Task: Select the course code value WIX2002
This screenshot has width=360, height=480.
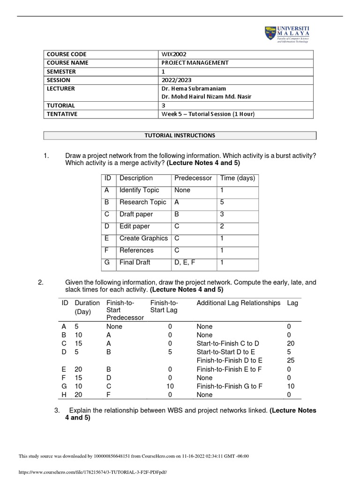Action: (x=174, y=54)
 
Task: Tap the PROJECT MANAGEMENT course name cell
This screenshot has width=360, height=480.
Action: (x=195, y=63)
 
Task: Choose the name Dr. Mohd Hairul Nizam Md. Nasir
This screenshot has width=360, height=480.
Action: (x=207, y=97)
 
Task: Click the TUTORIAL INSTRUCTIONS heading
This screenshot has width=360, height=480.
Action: (x=180, y=135)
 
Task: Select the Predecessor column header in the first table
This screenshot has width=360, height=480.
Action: (x=193, y=178)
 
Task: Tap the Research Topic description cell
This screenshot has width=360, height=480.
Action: (x=142, y=202)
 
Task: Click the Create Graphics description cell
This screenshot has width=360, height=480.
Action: (x=143, y=238)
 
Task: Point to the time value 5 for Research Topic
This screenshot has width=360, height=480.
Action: (x=222, y=202)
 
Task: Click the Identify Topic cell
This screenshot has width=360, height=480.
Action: (x=139, y=190)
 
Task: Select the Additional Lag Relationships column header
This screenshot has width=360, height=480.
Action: (x=239, y=303)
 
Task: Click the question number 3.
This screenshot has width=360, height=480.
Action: (x=57, y=411)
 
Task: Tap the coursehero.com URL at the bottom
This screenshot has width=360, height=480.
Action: (x=92, y=472)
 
